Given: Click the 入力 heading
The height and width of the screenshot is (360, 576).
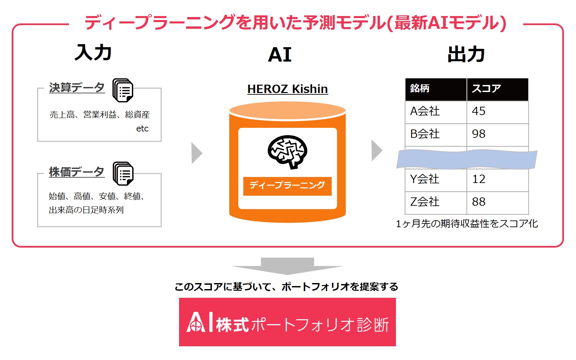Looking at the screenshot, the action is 93,53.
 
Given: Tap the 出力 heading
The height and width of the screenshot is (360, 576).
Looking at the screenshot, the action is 466,54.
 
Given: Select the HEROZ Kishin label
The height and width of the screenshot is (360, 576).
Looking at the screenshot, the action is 287,89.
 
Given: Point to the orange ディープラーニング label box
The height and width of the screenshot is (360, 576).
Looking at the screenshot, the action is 287,186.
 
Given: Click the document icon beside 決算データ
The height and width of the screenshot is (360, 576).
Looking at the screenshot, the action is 123,90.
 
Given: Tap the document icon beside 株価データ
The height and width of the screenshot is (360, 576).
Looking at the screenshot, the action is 123,173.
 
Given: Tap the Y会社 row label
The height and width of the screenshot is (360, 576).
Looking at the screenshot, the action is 425,179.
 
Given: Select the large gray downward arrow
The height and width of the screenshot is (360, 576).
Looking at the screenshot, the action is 287,266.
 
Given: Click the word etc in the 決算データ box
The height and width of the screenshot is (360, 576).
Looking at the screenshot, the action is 142,128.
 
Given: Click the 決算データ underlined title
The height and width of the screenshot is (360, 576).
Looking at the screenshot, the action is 77,88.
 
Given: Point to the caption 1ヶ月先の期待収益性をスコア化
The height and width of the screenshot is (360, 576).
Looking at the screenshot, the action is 467,223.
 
